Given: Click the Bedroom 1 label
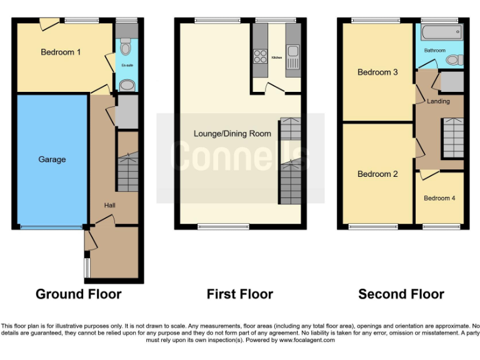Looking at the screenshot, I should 61,52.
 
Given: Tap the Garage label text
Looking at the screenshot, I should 52,159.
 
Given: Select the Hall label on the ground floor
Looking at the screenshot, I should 109,205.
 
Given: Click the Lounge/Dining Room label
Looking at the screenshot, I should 232,133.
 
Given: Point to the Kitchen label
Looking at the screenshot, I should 277,58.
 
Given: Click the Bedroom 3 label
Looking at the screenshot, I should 377,72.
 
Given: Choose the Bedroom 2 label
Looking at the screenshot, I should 377,174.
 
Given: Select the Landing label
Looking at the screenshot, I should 438,101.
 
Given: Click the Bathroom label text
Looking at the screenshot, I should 435,50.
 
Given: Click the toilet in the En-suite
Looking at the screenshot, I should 126,47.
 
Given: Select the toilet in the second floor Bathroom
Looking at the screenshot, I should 455,60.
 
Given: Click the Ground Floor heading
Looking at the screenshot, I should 78,294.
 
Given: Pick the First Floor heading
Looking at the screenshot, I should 240,294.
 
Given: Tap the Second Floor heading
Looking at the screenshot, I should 401,294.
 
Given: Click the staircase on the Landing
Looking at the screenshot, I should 452,138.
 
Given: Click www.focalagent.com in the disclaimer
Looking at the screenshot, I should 306,341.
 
